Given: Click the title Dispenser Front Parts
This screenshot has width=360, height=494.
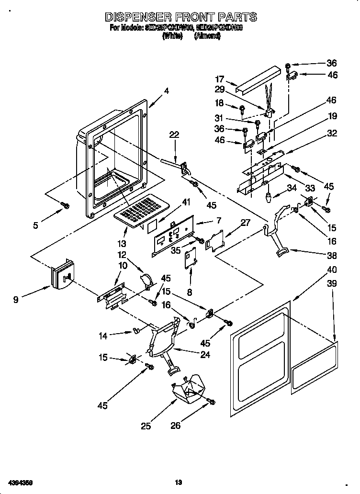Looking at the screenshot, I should click(x=180, y=17).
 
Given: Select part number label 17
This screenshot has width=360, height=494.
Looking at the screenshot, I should click(x=219, y=79).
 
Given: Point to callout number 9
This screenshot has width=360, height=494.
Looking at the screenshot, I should click(x=16, y=300).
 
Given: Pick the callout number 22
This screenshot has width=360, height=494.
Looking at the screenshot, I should click(x=174, y=135).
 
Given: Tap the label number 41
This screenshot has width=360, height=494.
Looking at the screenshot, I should click(x=187, y=202).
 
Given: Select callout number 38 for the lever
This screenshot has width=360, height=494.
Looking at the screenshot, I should click(x=332, y=255).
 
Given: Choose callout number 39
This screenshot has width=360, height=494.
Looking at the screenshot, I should click(x=332, y=283).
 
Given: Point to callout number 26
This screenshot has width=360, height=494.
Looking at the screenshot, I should click(x=176, y=426).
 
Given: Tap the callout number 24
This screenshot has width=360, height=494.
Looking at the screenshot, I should click(x=205, y=355).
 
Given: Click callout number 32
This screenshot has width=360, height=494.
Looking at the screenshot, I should click(x=332, y=134).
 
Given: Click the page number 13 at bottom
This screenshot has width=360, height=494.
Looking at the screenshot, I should click(x=178, y=483).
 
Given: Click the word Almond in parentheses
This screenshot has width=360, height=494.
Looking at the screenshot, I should click(x=207, y=36).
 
